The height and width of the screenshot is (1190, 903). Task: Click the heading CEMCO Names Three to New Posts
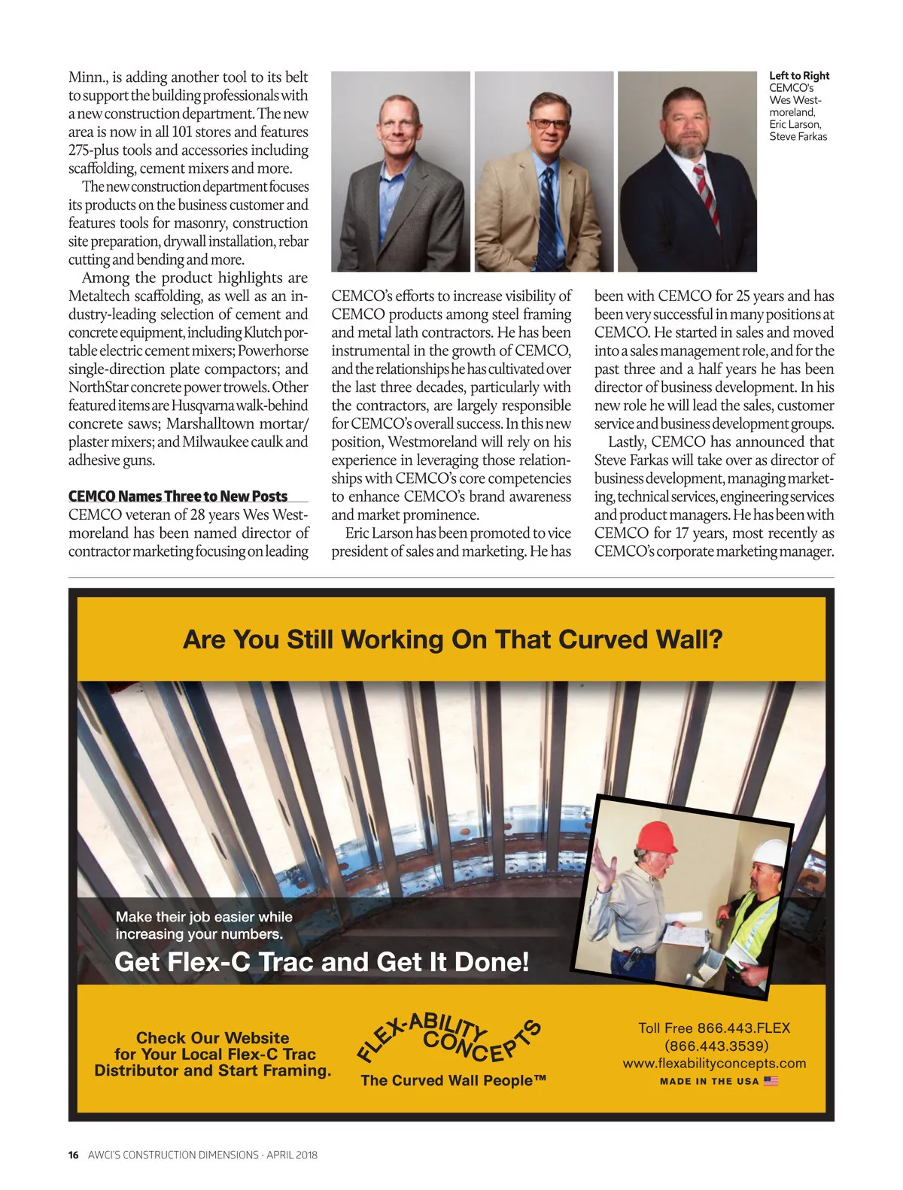click(178, 496)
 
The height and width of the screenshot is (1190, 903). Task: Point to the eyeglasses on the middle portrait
click(549, 123)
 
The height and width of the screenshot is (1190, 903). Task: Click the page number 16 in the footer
click(73, 1155)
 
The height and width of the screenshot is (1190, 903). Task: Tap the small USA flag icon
click(771, 1081)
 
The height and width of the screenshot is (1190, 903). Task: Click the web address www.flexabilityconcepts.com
click(714, 1064)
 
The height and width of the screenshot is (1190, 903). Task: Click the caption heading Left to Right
click(799, 76)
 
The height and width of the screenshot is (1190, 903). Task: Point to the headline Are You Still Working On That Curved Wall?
click(452, 639)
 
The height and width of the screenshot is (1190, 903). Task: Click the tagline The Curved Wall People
click(453, 1080)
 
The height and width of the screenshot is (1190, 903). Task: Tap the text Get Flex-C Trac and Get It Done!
click(322, 961)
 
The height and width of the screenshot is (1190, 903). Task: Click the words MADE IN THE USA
click(709, 1082)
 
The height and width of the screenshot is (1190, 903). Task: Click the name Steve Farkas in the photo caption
click(798, 137)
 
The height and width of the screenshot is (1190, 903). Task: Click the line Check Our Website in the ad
click(213, 1038)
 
